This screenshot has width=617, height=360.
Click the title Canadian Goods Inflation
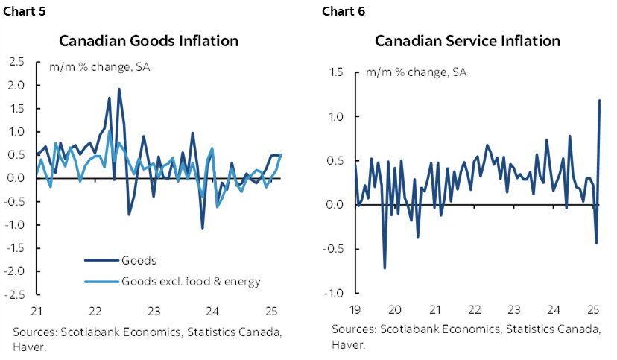pos(149,40)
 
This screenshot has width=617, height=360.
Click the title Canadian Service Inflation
pos(467,40)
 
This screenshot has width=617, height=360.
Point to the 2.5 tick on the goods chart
pos(16,62)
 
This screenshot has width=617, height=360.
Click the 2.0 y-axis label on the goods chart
pos(16,85)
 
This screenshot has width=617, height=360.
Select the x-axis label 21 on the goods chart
pos(37,312)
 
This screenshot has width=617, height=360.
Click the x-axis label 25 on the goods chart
pos(272,312)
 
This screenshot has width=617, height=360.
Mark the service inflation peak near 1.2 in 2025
pos(600,101)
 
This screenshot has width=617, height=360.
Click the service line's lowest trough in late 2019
pos(385,268)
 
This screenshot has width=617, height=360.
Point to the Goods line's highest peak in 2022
pos(119,89)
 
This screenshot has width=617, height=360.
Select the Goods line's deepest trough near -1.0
pos(202,227)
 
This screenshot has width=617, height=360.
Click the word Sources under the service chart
pos(354,329)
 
